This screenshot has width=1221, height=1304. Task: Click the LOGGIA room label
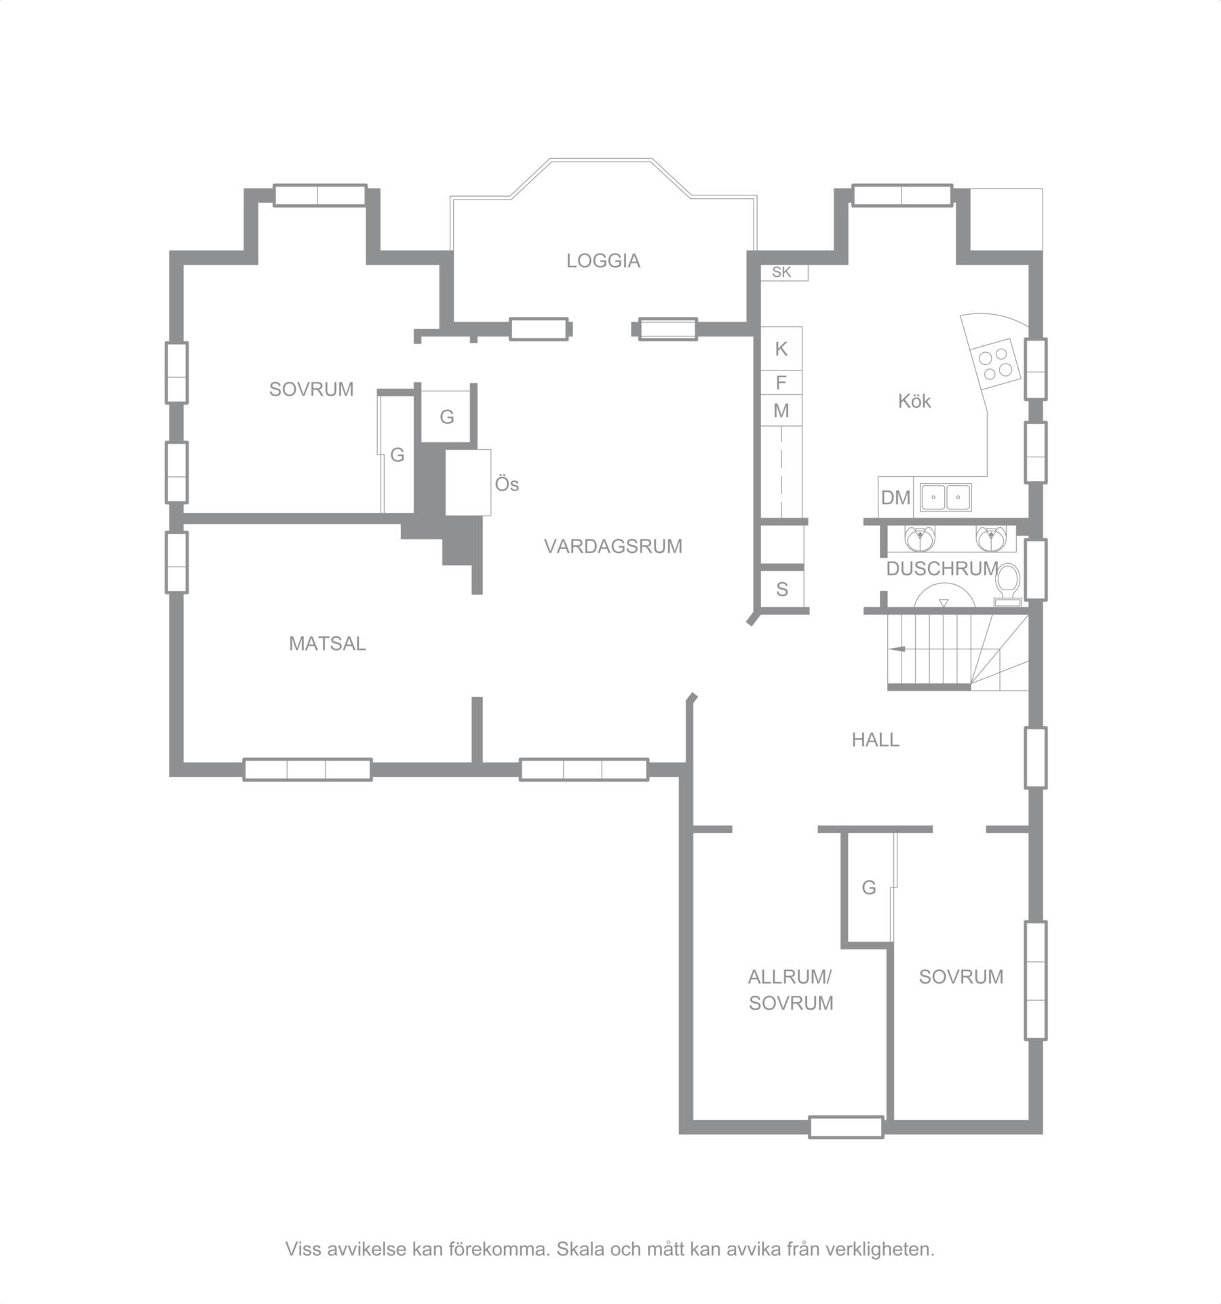[x=603, y=261]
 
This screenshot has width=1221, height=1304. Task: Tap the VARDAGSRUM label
[x=613, y=546]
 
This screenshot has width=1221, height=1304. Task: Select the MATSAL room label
[x=328, y=643]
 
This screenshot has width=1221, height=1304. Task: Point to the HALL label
[x=875, y=740]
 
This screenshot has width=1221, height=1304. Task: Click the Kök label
[x=914, y=401]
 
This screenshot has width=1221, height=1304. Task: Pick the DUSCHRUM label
[x=942, y=569]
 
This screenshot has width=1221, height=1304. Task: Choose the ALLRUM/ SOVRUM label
[x=790, y=990]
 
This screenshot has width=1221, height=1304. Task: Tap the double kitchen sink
[x=946, y=497]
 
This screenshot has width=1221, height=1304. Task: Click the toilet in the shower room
[x=1009, y=584]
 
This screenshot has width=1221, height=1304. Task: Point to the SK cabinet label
[x=781, y=272]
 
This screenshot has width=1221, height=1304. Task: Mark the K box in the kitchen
[x=781, y=349]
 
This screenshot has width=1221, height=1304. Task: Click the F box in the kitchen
[x=781, y=383]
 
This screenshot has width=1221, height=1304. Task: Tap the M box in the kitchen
[x=781, y=410]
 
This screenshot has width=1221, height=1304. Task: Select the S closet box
[x=781, y=589]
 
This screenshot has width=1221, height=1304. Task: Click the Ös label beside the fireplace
[x=507, y=484]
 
